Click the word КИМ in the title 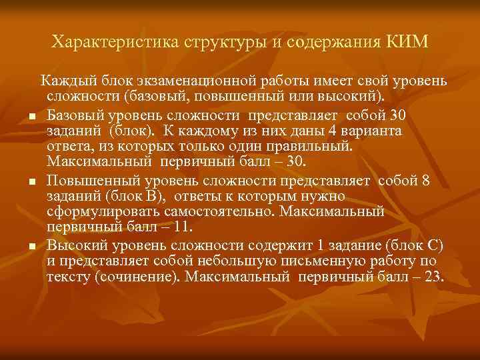pyautogui.click(x=407, y=43)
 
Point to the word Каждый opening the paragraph pyautogui.click(x=63, y=81)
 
